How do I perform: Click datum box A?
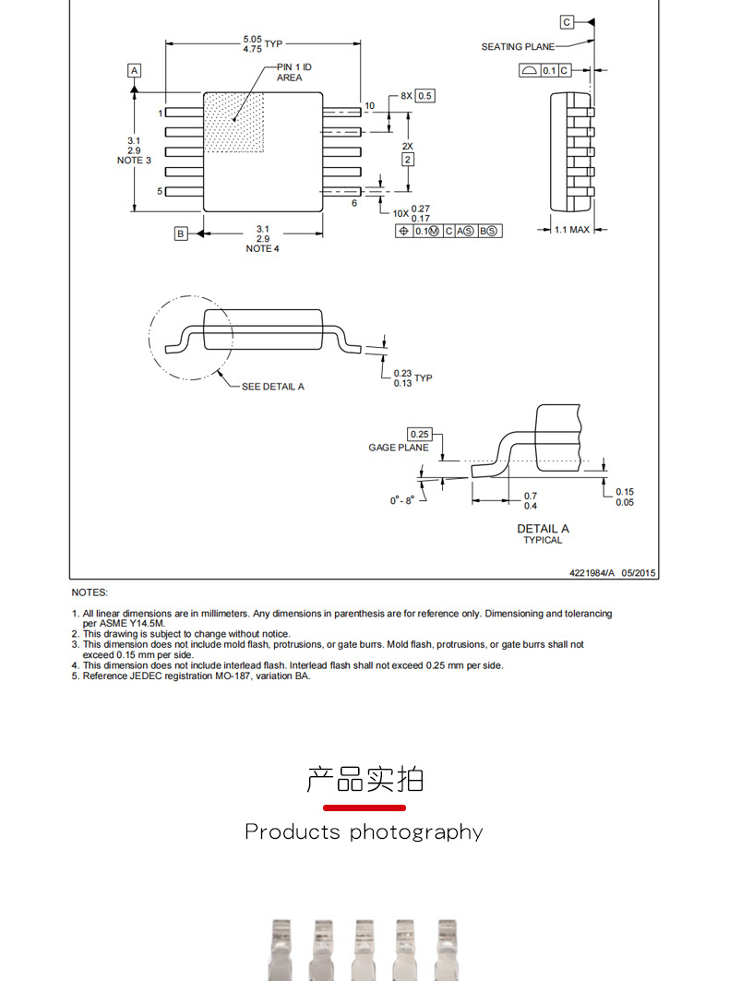tap(135, 70)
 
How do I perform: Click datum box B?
tap(181, 233)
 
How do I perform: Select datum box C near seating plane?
tap(567, 21)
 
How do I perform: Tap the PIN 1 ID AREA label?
tap(289, 73)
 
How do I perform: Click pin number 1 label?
tap(160, 113)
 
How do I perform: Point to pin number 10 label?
tap(369, 105)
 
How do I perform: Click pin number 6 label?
tap(353, 202)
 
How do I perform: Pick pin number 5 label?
tap(160, 191)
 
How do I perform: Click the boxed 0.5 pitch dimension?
tap(425, 95)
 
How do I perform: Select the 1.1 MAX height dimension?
tap(572, 230)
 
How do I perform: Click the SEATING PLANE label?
tap(518, 47)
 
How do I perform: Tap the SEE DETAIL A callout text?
tap(272, 387)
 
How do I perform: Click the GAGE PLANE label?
tap(399, 448)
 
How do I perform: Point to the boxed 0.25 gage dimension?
tap(420, 434)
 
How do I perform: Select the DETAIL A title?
tap(543, 529)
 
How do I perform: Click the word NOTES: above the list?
tap(90, 592)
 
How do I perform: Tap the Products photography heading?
tap(364, 832)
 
